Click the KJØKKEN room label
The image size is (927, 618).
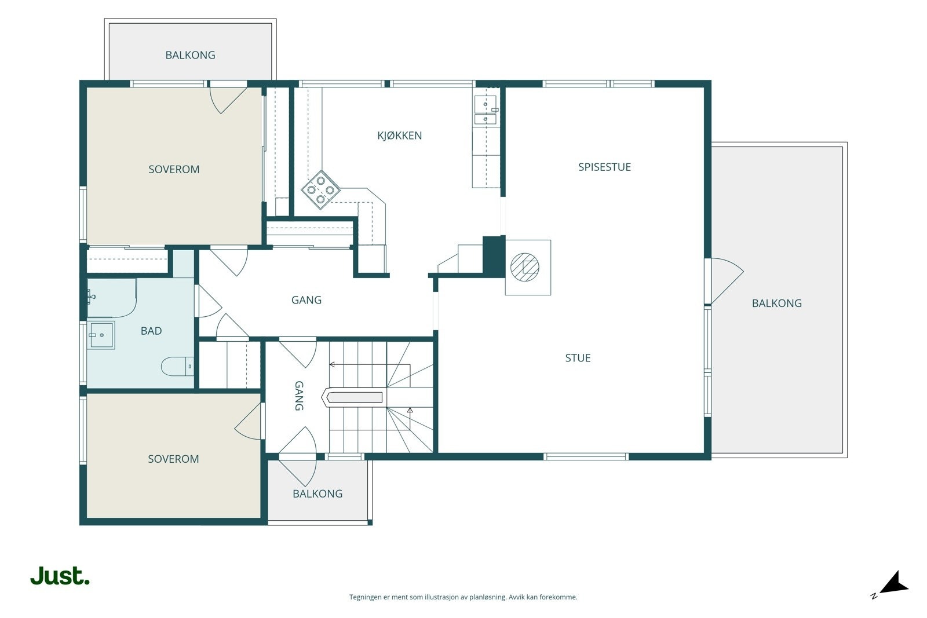click(x=399, y=136)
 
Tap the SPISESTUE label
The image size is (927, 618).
click(x=604, y=167)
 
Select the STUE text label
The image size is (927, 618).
click(x=578, y=358)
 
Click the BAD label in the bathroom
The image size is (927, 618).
click(x=151, y=331)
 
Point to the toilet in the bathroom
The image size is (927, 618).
click(x=177, y=366)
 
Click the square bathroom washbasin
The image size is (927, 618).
click(x=101, y=335)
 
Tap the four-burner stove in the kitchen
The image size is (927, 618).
click(x=321, y=191)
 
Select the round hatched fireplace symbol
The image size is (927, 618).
click(x=525, y=267)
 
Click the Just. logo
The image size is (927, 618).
click(x=60, y=576)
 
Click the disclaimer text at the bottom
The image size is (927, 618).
click(x=463, y=597)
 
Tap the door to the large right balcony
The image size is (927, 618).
click(x=724, y=281)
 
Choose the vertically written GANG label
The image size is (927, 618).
click(x=299, y=396)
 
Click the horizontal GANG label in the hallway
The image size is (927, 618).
click(x=306, y=300)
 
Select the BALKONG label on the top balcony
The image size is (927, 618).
click(x=191, y=55)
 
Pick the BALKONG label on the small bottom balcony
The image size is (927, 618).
click(x=317, y=493)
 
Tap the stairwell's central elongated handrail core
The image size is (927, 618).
click(x=352, y=397)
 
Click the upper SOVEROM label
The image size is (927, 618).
click(x=174, y=169)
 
